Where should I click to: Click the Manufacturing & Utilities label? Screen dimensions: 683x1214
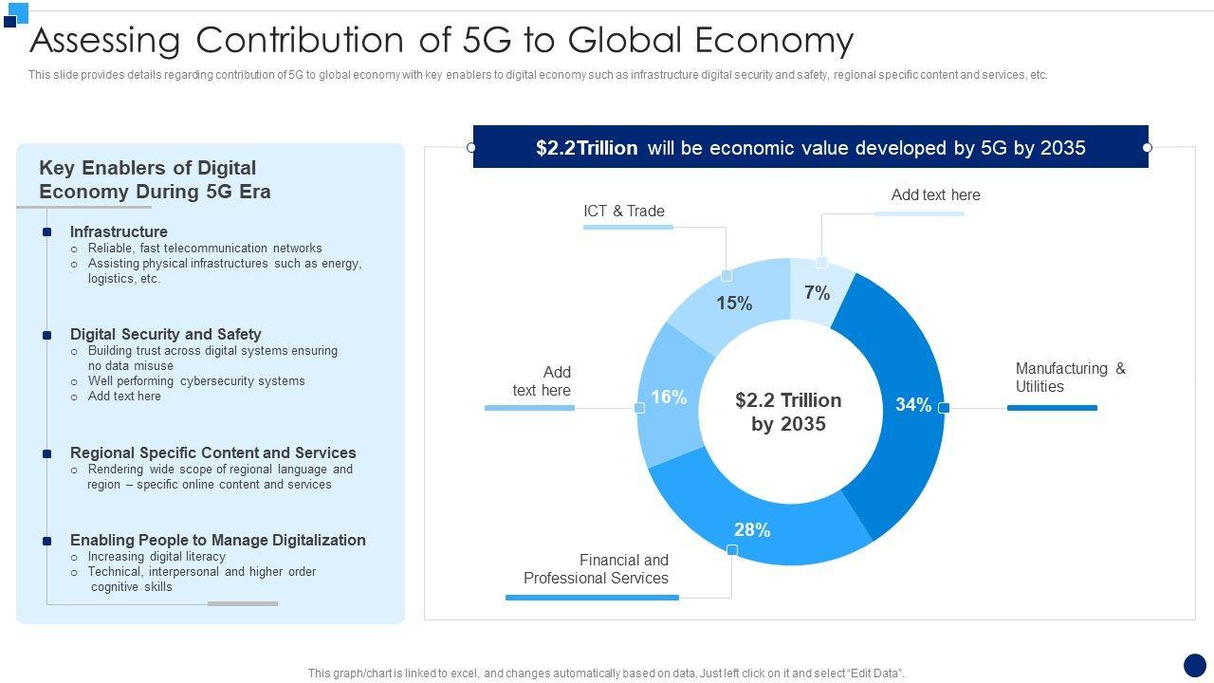pyautogui.click(x=1070, y=378)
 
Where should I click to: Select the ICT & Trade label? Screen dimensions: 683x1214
pyautogui.click(x=624, y=211)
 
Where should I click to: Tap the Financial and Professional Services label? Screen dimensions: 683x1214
pyautogui.click(x=596, y=569)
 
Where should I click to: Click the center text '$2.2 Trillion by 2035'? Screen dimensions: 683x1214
pyautogui.click(x=788, y=412)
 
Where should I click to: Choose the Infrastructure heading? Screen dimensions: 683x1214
pyautogui.click(x=119, y=231)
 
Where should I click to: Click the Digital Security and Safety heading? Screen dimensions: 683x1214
pyautogui.click(x=165, y=334)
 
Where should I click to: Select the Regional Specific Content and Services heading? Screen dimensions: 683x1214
pyautogui.click(x=212, y=452)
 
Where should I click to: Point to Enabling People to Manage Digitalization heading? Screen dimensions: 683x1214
pyautogui.click(x=217, y=540)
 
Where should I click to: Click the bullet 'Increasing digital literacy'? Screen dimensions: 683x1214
pyautogui.click(x=156, y=557)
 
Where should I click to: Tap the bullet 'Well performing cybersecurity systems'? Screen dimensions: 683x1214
pyautogui.click(x=196, y=381)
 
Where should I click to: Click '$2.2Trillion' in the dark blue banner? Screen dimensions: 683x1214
pyautogui.click(x=586, y=148)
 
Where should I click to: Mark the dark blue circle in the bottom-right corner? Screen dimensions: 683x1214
pyautogui.click(x=1195, y=665)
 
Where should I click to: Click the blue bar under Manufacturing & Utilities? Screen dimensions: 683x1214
pyautogui.click(x=1052, y=408)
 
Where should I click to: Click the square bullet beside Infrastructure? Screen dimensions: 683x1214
pyautogui.click(x=46, y=232)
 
